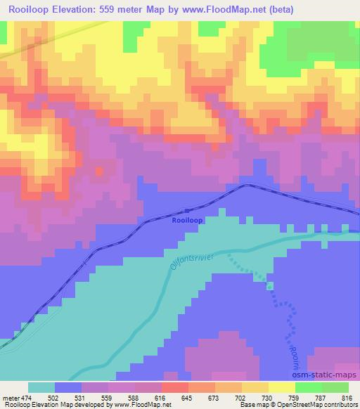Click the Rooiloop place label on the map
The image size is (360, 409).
click(x=186, y=221)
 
